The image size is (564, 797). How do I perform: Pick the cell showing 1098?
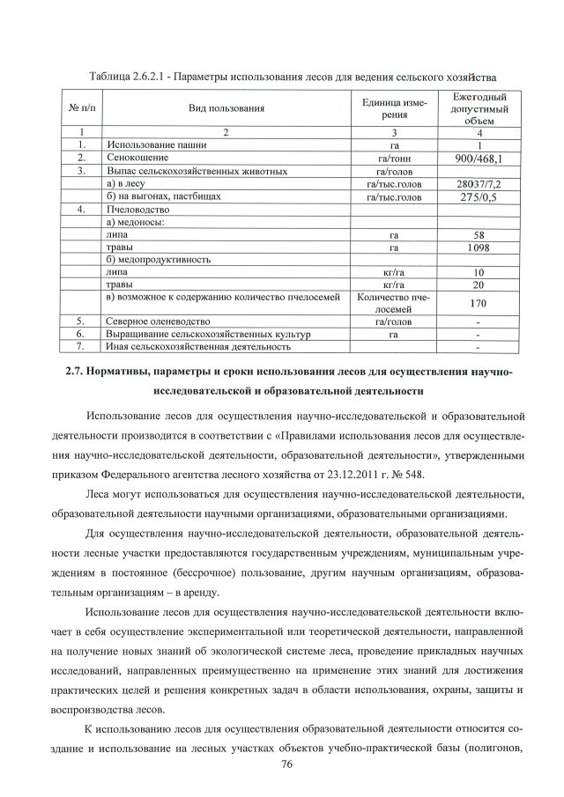(479, 248)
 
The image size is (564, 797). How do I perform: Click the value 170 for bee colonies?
(479, 303)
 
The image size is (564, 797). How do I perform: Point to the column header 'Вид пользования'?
(226, 108)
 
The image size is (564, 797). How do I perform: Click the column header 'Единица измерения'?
(394, 108)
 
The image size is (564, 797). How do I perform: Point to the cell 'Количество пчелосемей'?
(394, 303)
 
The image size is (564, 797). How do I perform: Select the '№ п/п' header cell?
(76, 108)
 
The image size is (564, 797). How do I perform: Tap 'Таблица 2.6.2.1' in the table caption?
(130, 77)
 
